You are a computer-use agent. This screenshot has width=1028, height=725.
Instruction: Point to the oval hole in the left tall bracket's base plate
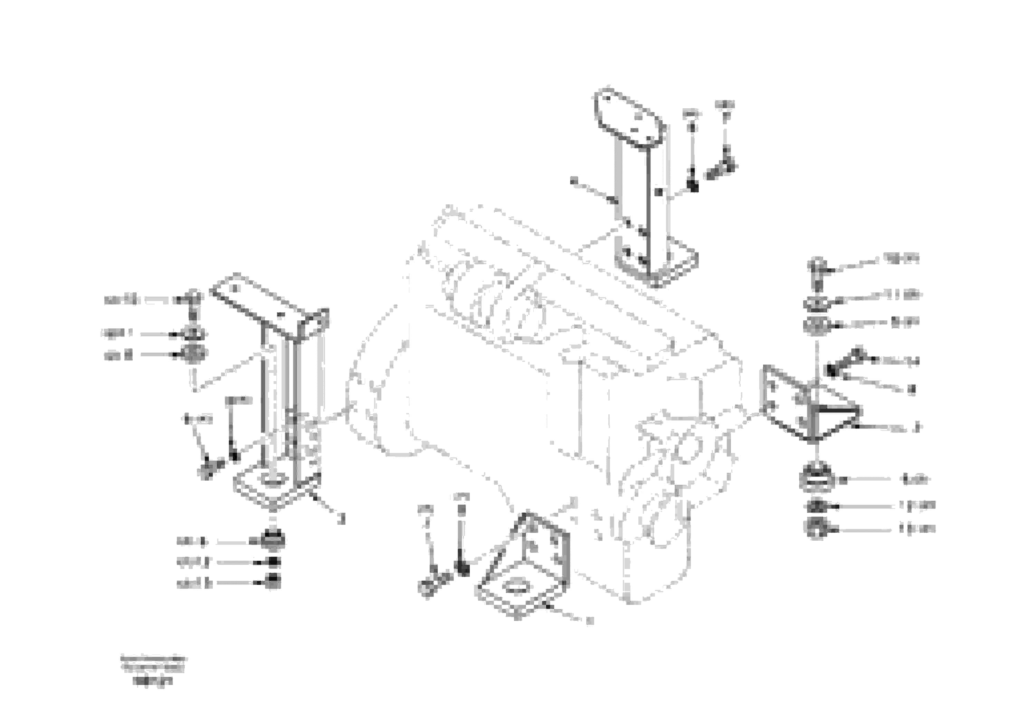274,481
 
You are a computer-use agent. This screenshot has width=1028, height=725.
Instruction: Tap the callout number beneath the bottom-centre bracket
590,621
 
